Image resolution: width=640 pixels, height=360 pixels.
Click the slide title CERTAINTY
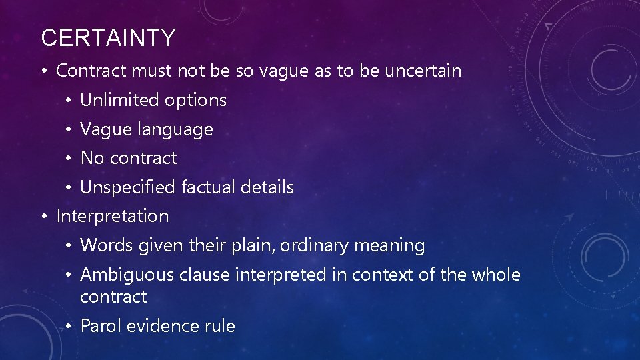coord(108,38)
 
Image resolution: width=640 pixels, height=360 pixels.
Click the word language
coord(175,130)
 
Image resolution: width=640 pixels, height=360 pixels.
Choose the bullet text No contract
coord(129,158)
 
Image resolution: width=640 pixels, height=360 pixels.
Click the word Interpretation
coord(113,217)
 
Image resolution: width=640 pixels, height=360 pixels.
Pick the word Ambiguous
coord(122,275)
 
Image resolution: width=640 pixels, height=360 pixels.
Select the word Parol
coord(99,326)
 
